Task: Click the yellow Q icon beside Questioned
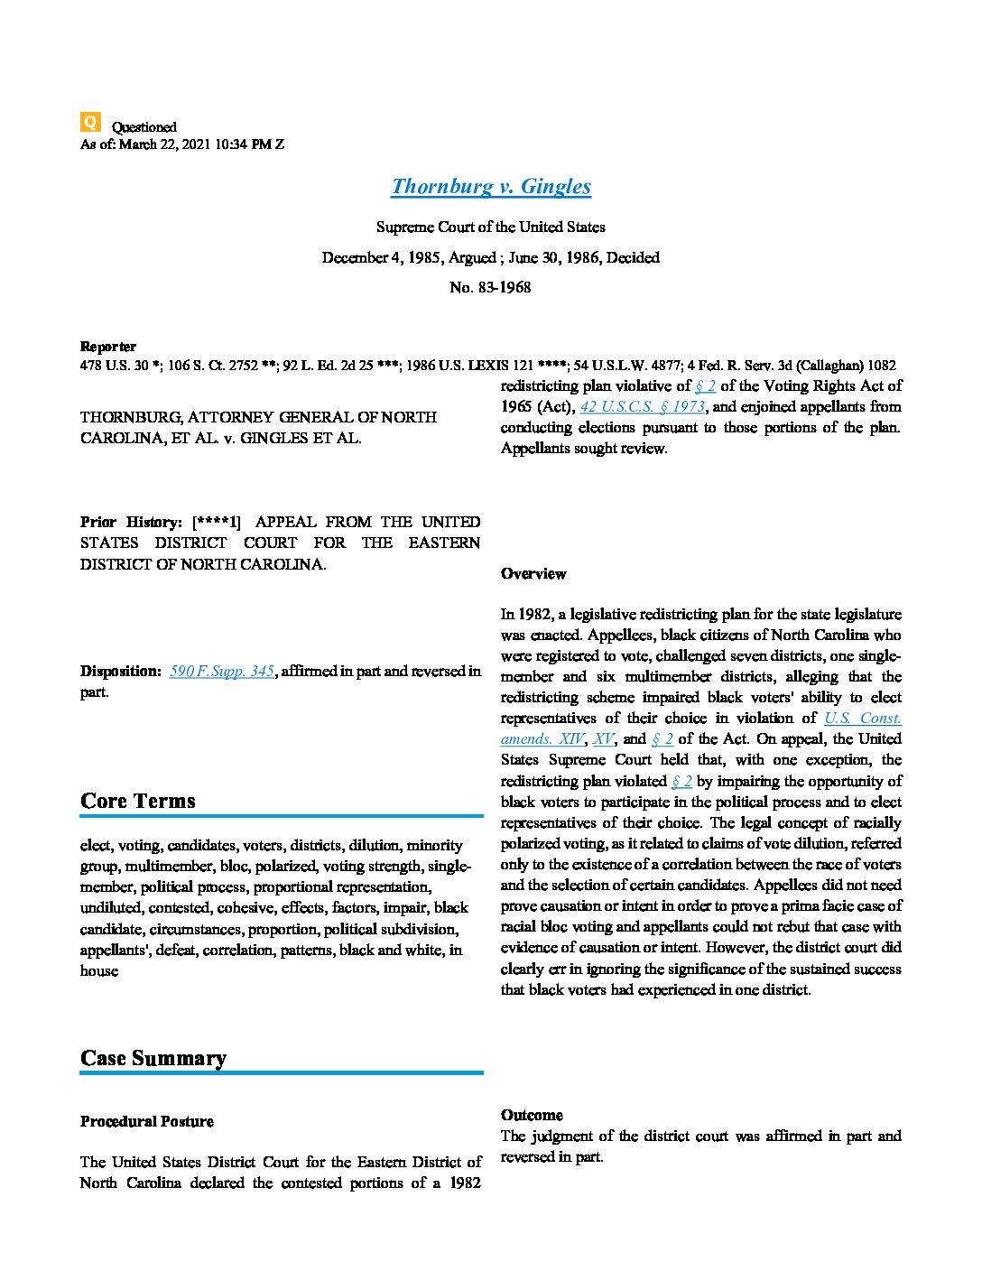coord(90,122)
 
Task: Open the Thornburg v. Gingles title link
coord(491,187)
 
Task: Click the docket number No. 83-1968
coord(490,288)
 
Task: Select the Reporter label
coord(108,347)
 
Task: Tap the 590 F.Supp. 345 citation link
coord(221,672)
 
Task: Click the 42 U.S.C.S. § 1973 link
coord(642,406)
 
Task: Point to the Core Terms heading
coord(138,801)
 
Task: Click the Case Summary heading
coord(153,1058)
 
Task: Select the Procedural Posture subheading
coord(147,1122)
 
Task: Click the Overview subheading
coord(533,574)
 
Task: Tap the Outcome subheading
coord(532,1115)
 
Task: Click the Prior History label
coord(131,522)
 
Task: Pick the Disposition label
coord(121,672)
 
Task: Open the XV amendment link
coord(604,739)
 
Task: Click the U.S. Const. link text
coord(862,719)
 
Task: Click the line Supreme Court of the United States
coord(490,227)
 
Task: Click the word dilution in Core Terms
coord(374,846)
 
